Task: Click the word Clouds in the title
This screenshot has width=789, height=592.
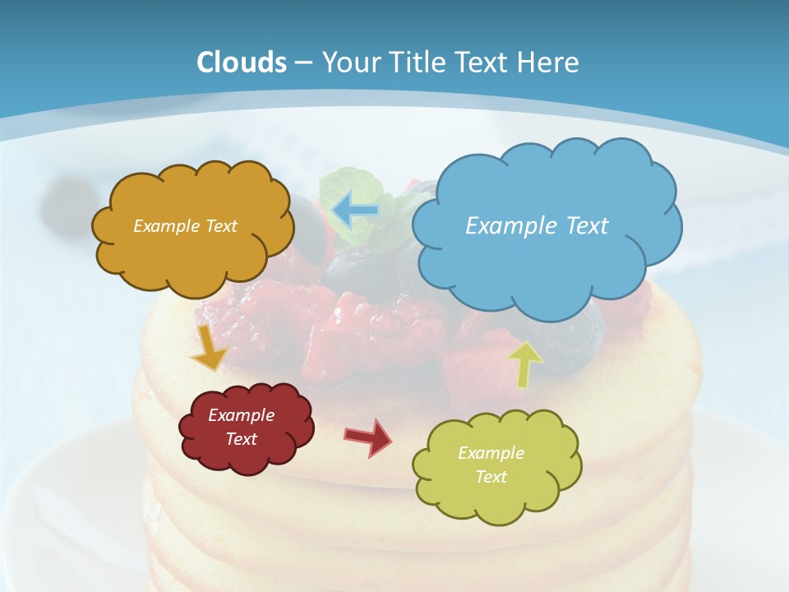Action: (242, 62)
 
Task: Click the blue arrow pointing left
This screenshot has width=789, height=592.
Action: (355, 210)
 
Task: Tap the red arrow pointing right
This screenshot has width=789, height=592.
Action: (368, 437)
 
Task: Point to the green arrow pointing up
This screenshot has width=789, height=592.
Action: (525, 363)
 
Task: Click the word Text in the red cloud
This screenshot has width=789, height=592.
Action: (242, 439)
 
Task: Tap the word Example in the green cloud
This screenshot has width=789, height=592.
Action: (491, 453)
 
